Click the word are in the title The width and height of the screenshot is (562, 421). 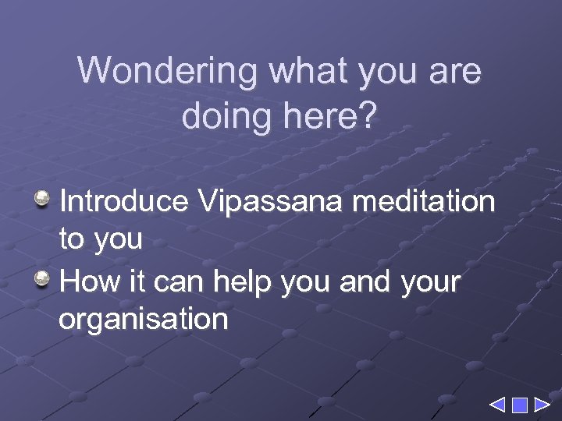(455, 72)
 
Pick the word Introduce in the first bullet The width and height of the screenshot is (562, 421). (123, 202)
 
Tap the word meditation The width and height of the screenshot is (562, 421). (424, 202)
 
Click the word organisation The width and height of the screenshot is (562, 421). (144, 320)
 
